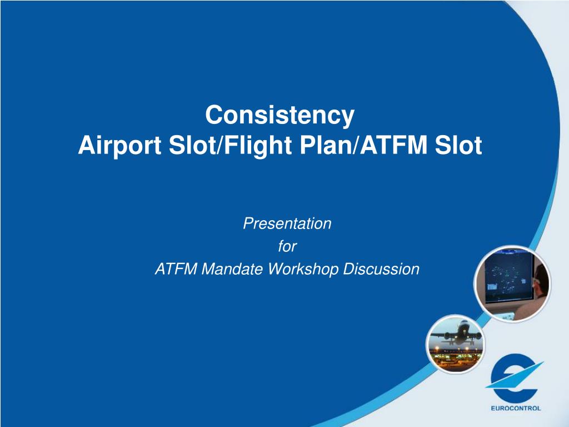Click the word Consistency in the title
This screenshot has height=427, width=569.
click(279, 116)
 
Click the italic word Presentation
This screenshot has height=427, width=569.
click(287, 224)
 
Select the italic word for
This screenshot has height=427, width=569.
click(287, 246)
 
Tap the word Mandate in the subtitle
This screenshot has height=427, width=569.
click(232, 269)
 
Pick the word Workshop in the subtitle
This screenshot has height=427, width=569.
click(303, 270)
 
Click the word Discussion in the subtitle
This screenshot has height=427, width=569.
click(381, 269)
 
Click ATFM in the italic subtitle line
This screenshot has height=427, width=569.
click(176, 269)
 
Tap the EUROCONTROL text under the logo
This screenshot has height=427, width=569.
click(516, 408)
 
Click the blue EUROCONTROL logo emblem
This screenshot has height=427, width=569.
click(515, 378)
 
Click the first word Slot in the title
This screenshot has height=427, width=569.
click(192, 145)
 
